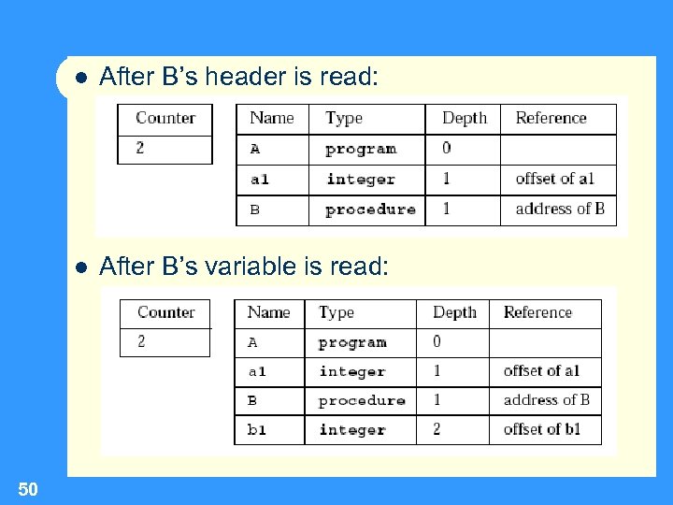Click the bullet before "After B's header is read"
pyautogui.click(x=81, y=78)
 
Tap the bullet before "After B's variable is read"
pyautogui.click(x=81, y=267)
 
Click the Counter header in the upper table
pyautogui.click(x=165, y=118)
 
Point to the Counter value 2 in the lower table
pyautogui.click(x=142, y=341)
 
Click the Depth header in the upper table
pyautogui.click(x=465, y=118)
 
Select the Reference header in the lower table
pyautogui.click(x=537, y=312)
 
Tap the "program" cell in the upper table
pyautogui.click(x=361, y=149)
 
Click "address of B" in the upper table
pyautogui.click(x=560, y=209)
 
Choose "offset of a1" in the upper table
pyautogui.click(x=554, y=179)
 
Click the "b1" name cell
pyautogui.click(x=257, y=430)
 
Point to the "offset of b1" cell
pyautogui.click(x=542, y=429)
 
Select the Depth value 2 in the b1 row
pyautogui.click(x=437, y=429)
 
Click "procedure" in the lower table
pyautogui.click(x=362, y=400)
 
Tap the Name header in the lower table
pyautogui.click(x=268, y=312)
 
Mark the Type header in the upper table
pyautogui.click(x=344, y=118)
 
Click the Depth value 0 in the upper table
pyautogui.click(x=446, y=148)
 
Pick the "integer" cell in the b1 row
pyautogui.click(x=351, y=430)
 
